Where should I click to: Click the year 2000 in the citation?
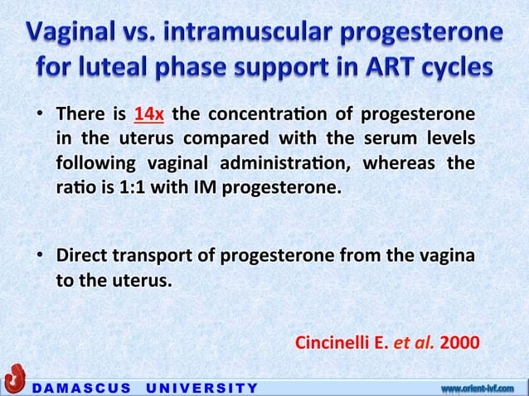[x=460, y=340]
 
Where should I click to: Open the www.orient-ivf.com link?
[x=478, y=386]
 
